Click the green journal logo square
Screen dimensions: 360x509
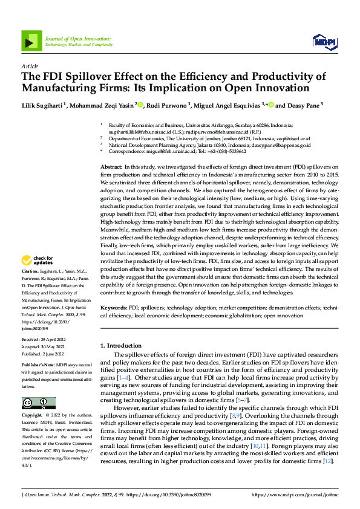31,41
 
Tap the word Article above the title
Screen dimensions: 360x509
30,66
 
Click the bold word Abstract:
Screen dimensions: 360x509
111,166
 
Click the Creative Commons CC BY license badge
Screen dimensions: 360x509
38,386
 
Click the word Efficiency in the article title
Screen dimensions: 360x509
205,76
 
